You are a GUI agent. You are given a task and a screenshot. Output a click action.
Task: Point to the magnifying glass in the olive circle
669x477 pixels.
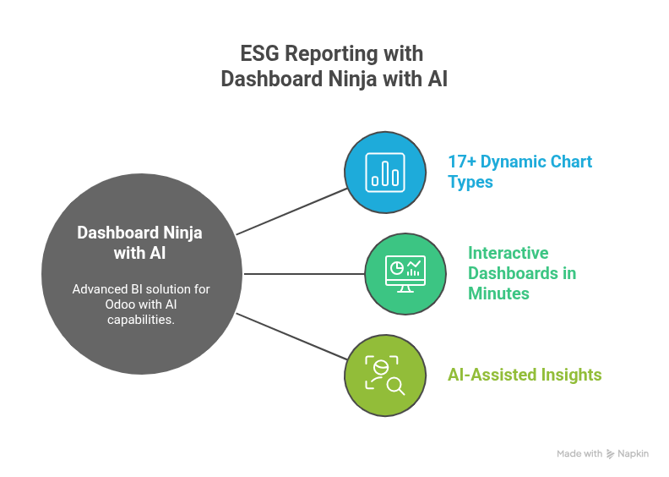point(394,385)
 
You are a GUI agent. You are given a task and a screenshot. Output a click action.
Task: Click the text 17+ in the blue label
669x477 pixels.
point(462,161)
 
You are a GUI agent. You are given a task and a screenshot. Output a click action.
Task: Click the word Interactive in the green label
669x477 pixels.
point(509,253)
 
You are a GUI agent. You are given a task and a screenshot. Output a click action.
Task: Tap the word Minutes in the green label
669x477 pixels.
point(499,293)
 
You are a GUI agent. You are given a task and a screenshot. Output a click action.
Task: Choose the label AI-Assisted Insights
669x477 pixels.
point(525,375)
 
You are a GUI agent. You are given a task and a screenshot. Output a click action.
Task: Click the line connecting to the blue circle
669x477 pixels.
point(291,211)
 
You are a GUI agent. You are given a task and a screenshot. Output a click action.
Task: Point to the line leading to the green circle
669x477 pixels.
point(304,273)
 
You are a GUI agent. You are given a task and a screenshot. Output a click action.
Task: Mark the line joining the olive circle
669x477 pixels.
point(291,336)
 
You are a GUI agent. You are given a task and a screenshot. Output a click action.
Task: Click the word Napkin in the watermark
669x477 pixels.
point(634,454)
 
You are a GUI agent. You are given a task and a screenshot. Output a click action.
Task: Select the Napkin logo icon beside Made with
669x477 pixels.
point(610,454)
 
